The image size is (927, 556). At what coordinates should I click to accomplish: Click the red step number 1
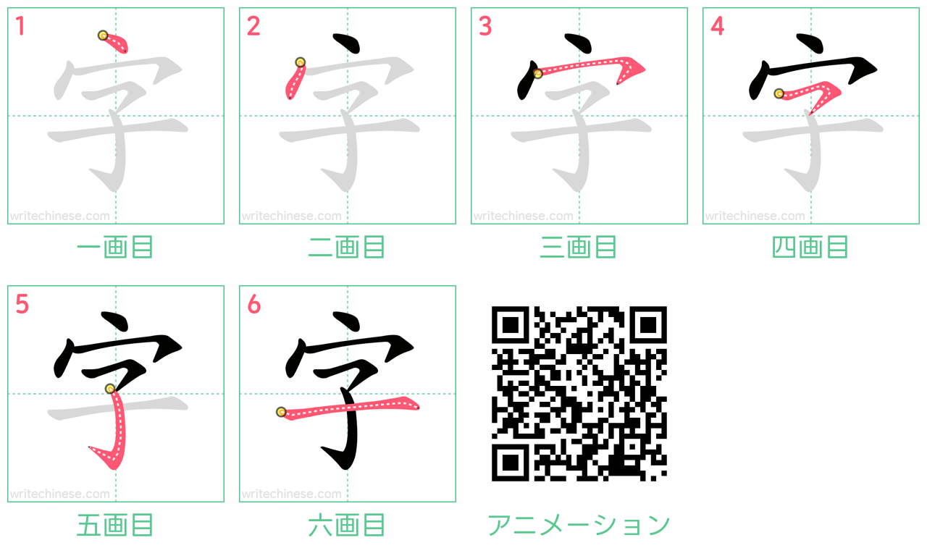coord(20,26)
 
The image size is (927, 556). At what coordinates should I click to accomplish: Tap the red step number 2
coord(253,26)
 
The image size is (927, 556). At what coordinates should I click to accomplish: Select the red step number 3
coord(485,26)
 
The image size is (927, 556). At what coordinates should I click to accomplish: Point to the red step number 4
coord(718,26)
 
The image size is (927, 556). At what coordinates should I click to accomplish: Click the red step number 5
coord(22,304)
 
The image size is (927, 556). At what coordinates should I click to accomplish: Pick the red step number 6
coord(254,304)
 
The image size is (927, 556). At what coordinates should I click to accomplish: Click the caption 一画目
coord(115,247)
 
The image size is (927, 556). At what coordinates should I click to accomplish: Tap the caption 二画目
coord(347,247)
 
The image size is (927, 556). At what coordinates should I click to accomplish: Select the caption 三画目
coord(579,247)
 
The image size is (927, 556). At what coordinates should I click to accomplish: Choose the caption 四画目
coord(810,247)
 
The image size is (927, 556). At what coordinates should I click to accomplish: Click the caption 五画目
coord(115,525)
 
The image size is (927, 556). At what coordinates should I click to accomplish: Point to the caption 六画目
coord(347,525)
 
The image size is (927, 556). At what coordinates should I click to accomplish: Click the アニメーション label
coord(579,525)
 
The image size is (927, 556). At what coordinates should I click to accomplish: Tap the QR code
coord(579,393)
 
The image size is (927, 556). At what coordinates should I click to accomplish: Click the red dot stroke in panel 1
coord(114,42)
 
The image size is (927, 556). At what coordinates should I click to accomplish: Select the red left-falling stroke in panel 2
coord(295,80)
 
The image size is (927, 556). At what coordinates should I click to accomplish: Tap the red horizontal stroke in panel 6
coord(348,408)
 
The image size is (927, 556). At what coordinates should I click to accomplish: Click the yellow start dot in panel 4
coord(779,93)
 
